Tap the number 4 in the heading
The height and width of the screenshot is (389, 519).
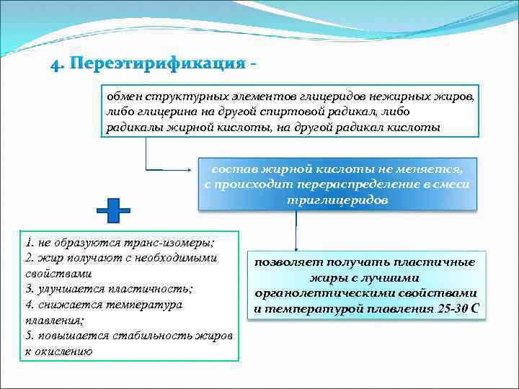tap(55, 64)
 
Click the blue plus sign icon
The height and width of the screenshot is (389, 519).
tap(113, 210)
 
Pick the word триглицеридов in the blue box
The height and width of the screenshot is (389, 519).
tap(337, 200)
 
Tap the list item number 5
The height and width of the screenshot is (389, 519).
tap(28, 336)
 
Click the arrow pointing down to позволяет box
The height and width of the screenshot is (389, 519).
tap(296, 241)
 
